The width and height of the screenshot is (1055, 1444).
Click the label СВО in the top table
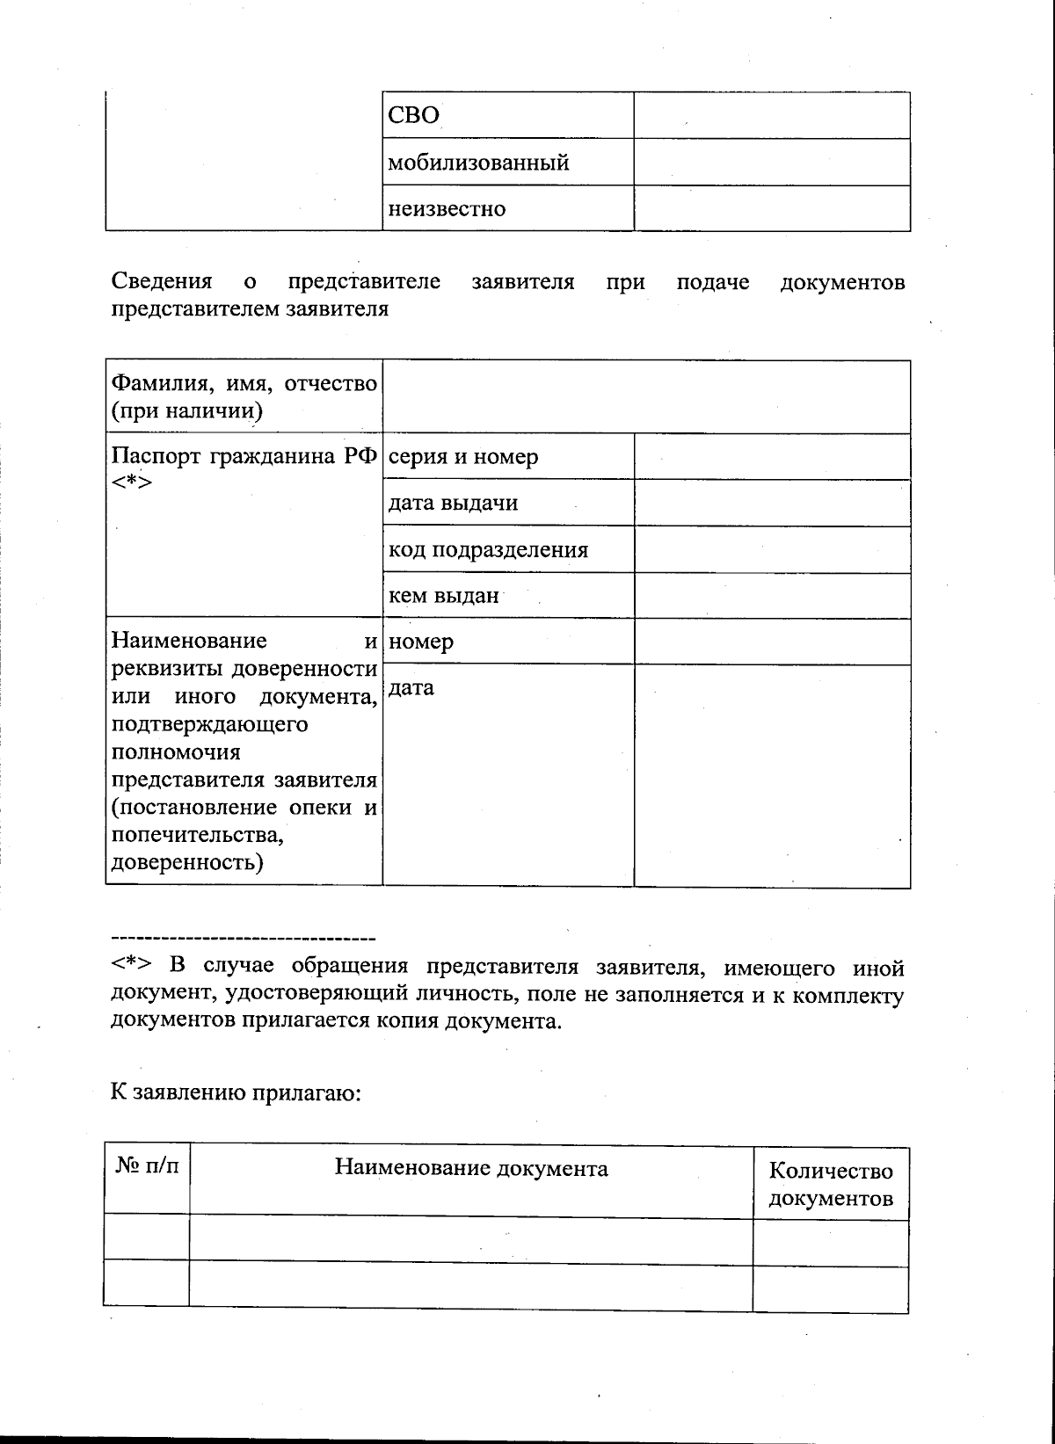pos(413,116)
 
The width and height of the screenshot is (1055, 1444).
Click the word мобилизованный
pos(478,163)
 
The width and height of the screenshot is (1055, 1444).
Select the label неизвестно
pos(447,209)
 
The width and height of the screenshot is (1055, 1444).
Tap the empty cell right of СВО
pos(771,115)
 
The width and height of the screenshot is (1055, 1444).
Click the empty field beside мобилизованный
pos(771,162)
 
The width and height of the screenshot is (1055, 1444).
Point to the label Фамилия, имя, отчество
pos(244,383)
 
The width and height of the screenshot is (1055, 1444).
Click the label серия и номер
pos(463,457)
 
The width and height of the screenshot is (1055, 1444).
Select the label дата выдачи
pos(453,504)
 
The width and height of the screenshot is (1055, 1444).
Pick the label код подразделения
pos(488,550)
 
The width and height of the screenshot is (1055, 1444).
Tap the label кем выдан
pos(443,596)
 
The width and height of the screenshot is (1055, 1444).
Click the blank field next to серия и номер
pos(771,457)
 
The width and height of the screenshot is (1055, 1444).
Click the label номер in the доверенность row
pos(421,642)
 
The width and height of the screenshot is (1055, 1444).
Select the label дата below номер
pos(411,688)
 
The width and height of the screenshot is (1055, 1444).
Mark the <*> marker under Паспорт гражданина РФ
pos(132,483)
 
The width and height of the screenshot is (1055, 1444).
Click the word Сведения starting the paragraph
pos(162,282)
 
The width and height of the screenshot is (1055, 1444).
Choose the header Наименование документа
pos(471,1168)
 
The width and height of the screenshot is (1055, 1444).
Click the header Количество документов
pos(830,1184)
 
